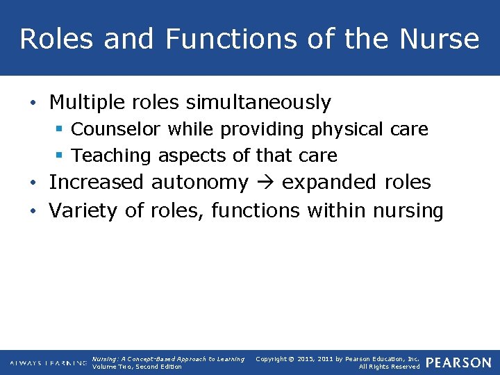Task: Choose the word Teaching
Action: pyautogui.click(x=112, y=156)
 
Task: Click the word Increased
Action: pyautogui.click(x=97, y=183)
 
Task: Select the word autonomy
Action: pyautogui.click(x=200, y=183)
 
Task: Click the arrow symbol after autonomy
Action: pyautogui.click(x=265, y=183)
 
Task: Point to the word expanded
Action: pyautogui.click(x=329, y=183)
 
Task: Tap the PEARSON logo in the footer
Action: pyautogui.click(x=458, y=362)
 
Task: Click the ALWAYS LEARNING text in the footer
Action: pyautogui.click(x=48, y=363)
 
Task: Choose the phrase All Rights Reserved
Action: pyautogui.click(x=389, y=367)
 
